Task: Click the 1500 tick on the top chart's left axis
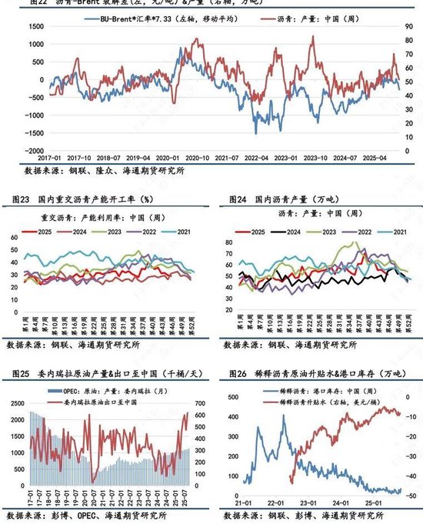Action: click(x=32, y=25)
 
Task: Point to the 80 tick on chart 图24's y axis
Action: click(x=228, y=242)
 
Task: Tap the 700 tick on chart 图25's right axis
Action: click(x=202, y=401)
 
